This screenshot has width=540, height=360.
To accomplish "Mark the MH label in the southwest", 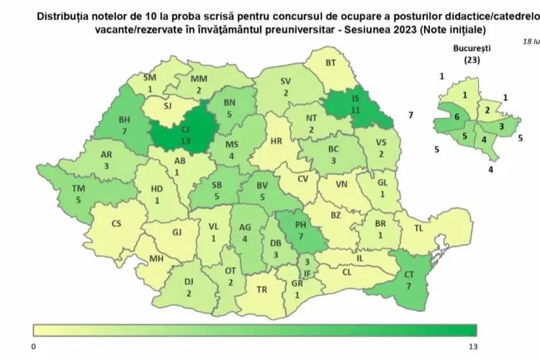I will [x=156, y=258].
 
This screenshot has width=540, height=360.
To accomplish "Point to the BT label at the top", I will [x=331, y=63].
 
